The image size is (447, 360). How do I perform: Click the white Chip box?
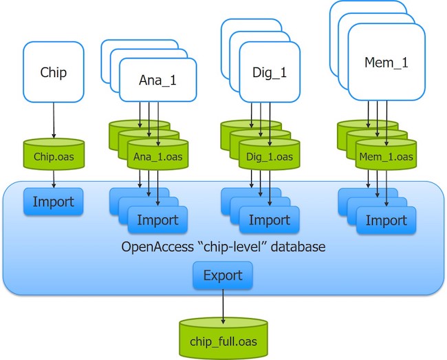pyautogui.click(x=54, y=72)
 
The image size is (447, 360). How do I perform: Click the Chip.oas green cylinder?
pyautogui.click(x=54, y=156)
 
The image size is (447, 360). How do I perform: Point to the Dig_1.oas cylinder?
pyautogui.click(x=269, y=157)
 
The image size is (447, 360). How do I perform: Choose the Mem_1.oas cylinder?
pyautogui.click(x=386, y=157)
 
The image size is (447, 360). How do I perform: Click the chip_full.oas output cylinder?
pyautogui.click(x=223, y=339)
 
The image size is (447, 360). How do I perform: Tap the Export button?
pyautogui.click(x=223, y=275)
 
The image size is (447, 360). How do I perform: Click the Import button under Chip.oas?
pyautogui.click(x=54, y=202)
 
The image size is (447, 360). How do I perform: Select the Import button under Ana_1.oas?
pyautogui.click(x=157, y=220)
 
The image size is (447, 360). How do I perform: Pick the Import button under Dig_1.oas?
pyautogui.click(x=269, y=220)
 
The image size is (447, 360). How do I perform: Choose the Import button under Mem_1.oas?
pyautogui.click(x=386, y=220)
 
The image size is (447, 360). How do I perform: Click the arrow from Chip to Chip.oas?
pyautogui.click(x=54, y=120)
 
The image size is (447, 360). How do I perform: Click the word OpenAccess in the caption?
pyautogui.click(x=158, y=246)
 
